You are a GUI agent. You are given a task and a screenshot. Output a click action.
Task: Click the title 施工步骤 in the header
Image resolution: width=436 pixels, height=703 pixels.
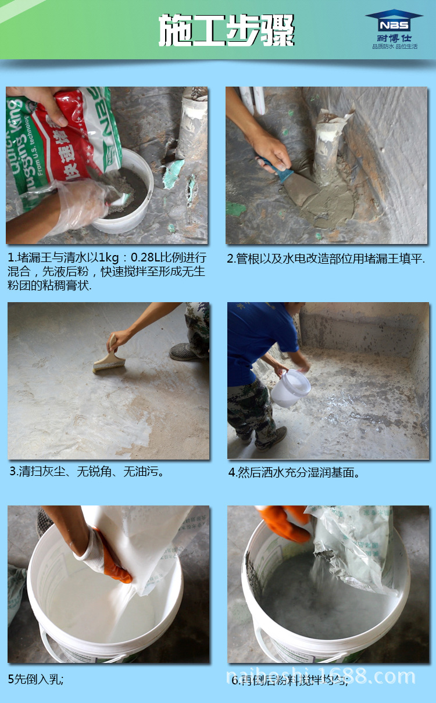(227, 30)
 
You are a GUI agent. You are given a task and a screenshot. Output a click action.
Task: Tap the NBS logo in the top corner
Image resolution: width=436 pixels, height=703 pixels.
(394, 22)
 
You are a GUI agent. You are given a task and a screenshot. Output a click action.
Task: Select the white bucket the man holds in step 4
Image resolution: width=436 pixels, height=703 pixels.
(291, 388)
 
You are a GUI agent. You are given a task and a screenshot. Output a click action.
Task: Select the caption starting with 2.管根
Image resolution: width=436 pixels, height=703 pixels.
(326, 259)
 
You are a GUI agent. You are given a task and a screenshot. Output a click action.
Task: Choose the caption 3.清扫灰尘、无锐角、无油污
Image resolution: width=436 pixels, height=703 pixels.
(87, 471)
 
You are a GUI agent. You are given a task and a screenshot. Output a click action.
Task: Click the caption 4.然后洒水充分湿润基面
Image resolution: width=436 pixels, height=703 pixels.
(294, 472)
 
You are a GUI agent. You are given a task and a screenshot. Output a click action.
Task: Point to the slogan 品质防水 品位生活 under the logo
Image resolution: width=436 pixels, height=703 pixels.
(395, 46)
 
